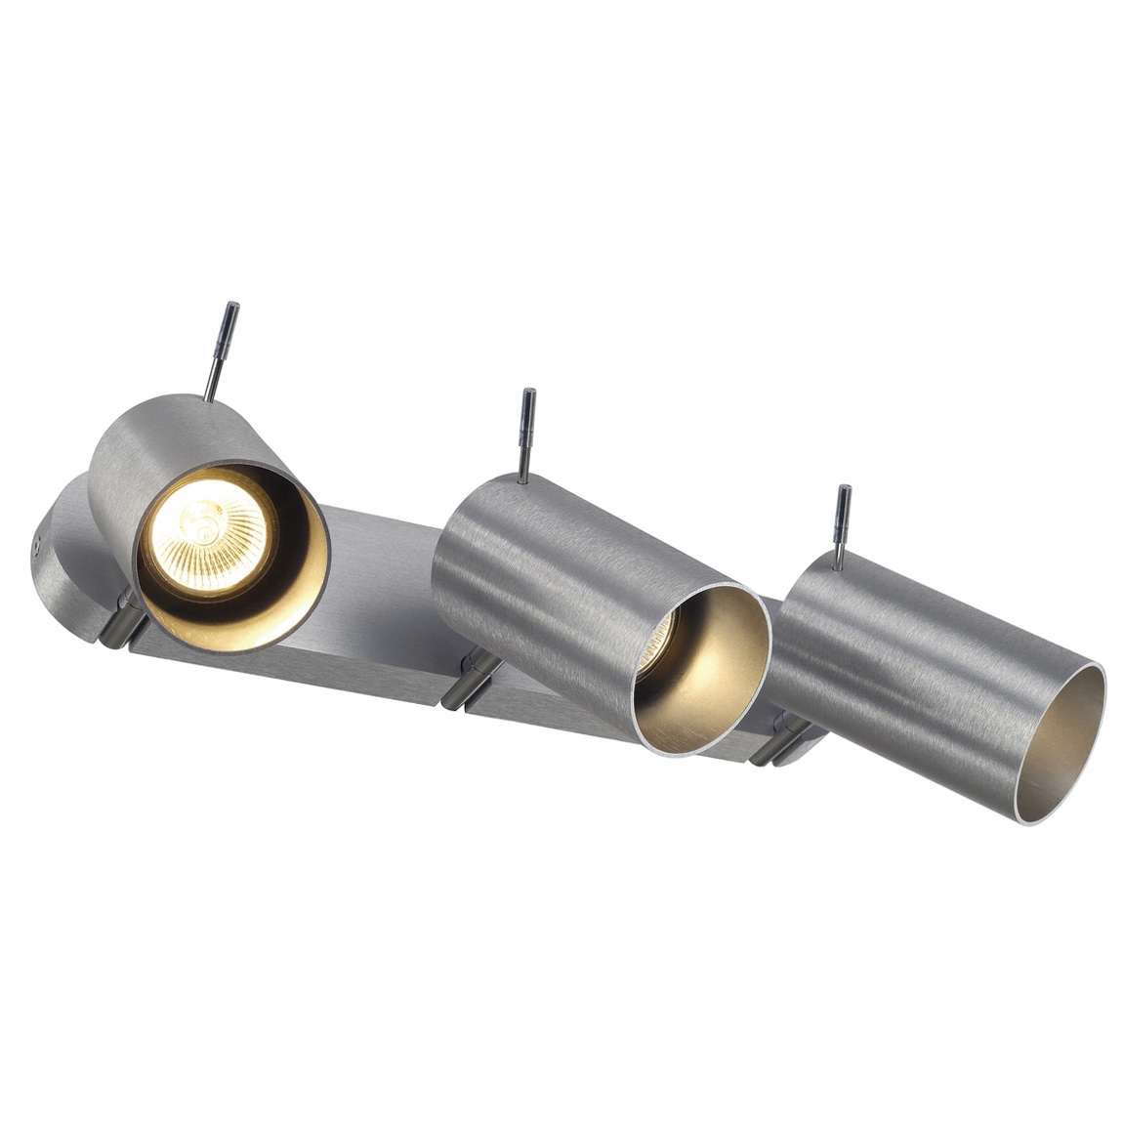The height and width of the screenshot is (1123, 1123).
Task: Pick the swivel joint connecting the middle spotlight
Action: (470, 678)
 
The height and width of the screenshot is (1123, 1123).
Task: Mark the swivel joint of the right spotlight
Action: (781, 738)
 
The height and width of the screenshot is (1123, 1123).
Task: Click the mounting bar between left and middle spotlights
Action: (381, 635)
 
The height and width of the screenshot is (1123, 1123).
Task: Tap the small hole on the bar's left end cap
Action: (36, 546)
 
